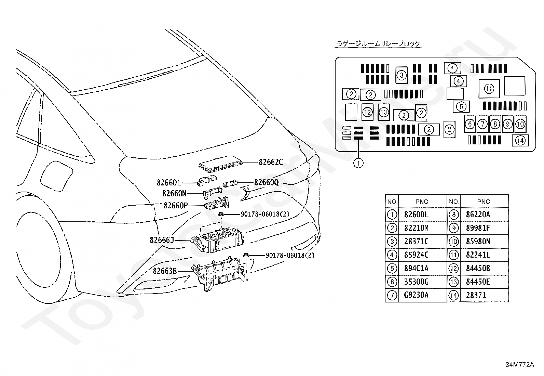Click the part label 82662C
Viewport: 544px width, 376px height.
click(271, 162)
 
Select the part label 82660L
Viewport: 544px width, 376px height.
click(169, 182)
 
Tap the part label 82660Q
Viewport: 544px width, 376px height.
click(267, 182)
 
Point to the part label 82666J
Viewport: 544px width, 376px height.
click(162, 240)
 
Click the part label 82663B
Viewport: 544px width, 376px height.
click(165, 271)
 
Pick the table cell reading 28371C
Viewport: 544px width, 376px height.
click(416, 242)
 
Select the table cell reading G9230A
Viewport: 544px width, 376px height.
click(416, 295)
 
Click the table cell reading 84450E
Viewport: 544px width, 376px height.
click(478, 282)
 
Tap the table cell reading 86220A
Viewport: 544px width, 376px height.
click(478, 215)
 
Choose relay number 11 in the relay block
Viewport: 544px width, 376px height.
click(489, 89)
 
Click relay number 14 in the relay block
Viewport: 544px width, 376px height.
click(520, 140)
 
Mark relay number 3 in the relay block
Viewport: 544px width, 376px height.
click(402, 75)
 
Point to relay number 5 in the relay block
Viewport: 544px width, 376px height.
click(461, 106)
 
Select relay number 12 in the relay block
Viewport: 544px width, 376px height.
click(367, 112)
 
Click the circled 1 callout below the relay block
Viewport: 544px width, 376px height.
click(358, 163)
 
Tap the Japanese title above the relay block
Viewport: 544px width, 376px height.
click(378, 44)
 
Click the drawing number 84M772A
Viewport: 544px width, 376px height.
click(520, 365)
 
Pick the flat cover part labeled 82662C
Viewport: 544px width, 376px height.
click(220, 163)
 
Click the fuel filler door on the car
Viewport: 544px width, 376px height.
click(56, 176)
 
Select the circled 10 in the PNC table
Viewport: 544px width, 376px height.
click(453, 242)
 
